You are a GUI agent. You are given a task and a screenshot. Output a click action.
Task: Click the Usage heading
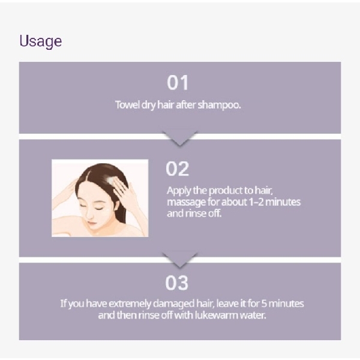tap(40, 41)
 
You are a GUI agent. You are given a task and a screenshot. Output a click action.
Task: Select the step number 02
tap(177, 169)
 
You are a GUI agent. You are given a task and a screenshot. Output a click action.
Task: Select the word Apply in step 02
tap(178, 190)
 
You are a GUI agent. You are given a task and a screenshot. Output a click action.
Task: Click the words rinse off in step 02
tap(203, 213)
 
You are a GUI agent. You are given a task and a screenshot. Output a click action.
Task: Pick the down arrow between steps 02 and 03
tap(179, 260)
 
